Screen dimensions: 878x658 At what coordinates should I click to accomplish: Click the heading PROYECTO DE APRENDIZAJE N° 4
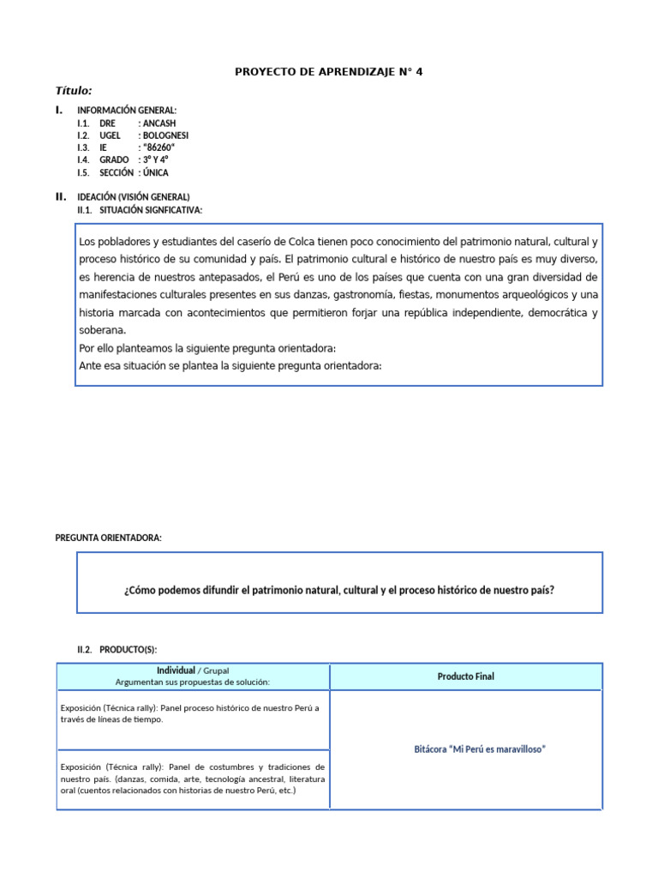click(x=329, y=72)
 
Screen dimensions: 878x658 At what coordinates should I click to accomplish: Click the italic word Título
click(x=74, y=91)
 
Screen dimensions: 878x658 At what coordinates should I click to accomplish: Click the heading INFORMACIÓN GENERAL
click(x=127, y=111)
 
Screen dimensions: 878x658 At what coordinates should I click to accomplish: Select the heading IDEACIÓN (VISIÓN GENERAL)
click(x=134, y=197)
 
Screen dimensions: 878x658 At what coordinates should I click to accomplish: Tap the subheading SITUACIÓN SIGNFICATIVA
click(x=151, y=210)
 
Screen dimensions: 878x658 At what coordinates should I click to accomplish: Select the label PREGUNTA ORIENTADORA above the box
click(x=108, y=538)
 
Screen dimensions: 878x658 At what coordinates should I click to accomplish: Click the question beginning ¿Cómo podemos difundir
click(x=339, y=590)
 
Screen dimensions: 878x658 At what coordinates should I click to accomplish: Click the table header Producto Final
click(x=466, y=677)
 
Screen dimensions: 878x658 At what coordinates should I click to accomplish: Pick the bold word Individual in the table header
click(x=176, y=671)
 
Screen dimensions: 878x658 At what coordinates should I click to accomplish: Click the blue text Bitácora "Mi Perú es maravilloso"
click(x=480, y=749)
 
